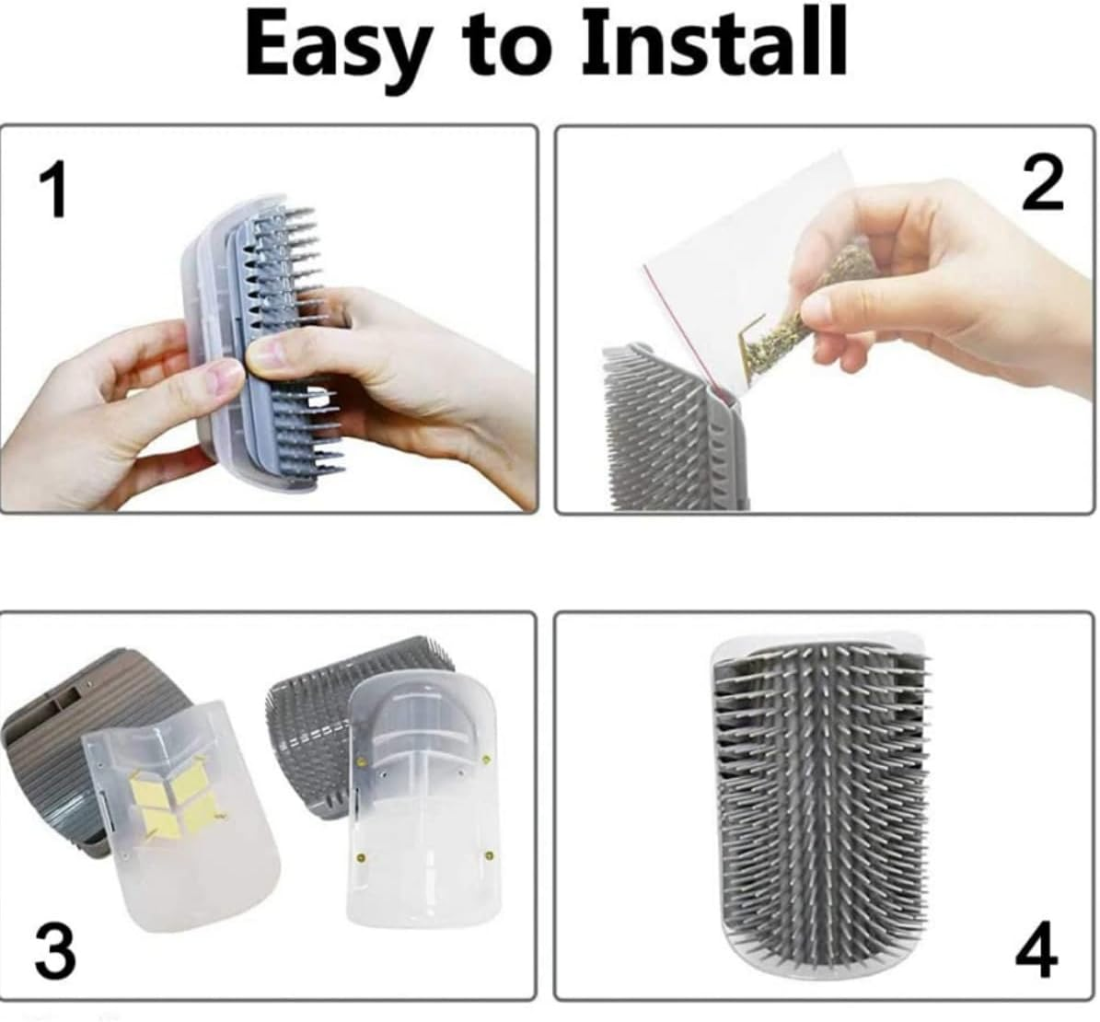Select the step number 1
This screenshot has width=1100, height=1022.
[x=54, y=190]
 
